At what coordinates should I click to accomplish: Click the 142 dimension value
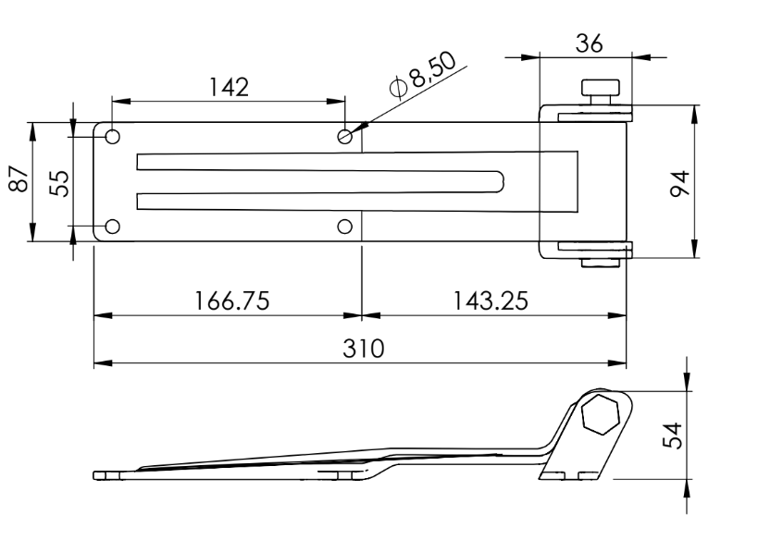coord(229,86)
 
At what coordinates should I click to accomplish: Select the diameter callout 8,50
coord(429,73)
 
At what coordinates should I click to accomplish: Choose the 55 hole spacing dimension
coord(59,181)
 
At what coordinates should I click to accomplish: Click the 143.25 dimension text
coord(491,301)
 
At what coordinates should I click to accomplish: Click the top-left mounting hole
coord(112,137)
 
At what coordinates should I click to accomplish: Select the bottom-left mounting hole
coord(112,227)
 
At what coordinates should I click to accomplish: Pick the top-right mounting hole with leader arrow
coord(345,137)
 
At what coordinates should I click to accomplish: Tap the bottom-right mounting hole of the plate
coord(345,227)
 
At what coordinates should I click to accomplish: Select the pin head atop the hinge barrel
coord(601,91)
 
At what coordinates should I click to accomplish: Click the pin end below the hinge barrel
coord(599,264)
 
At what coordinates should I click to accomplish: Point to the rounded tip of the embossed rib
coord(501,181)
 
